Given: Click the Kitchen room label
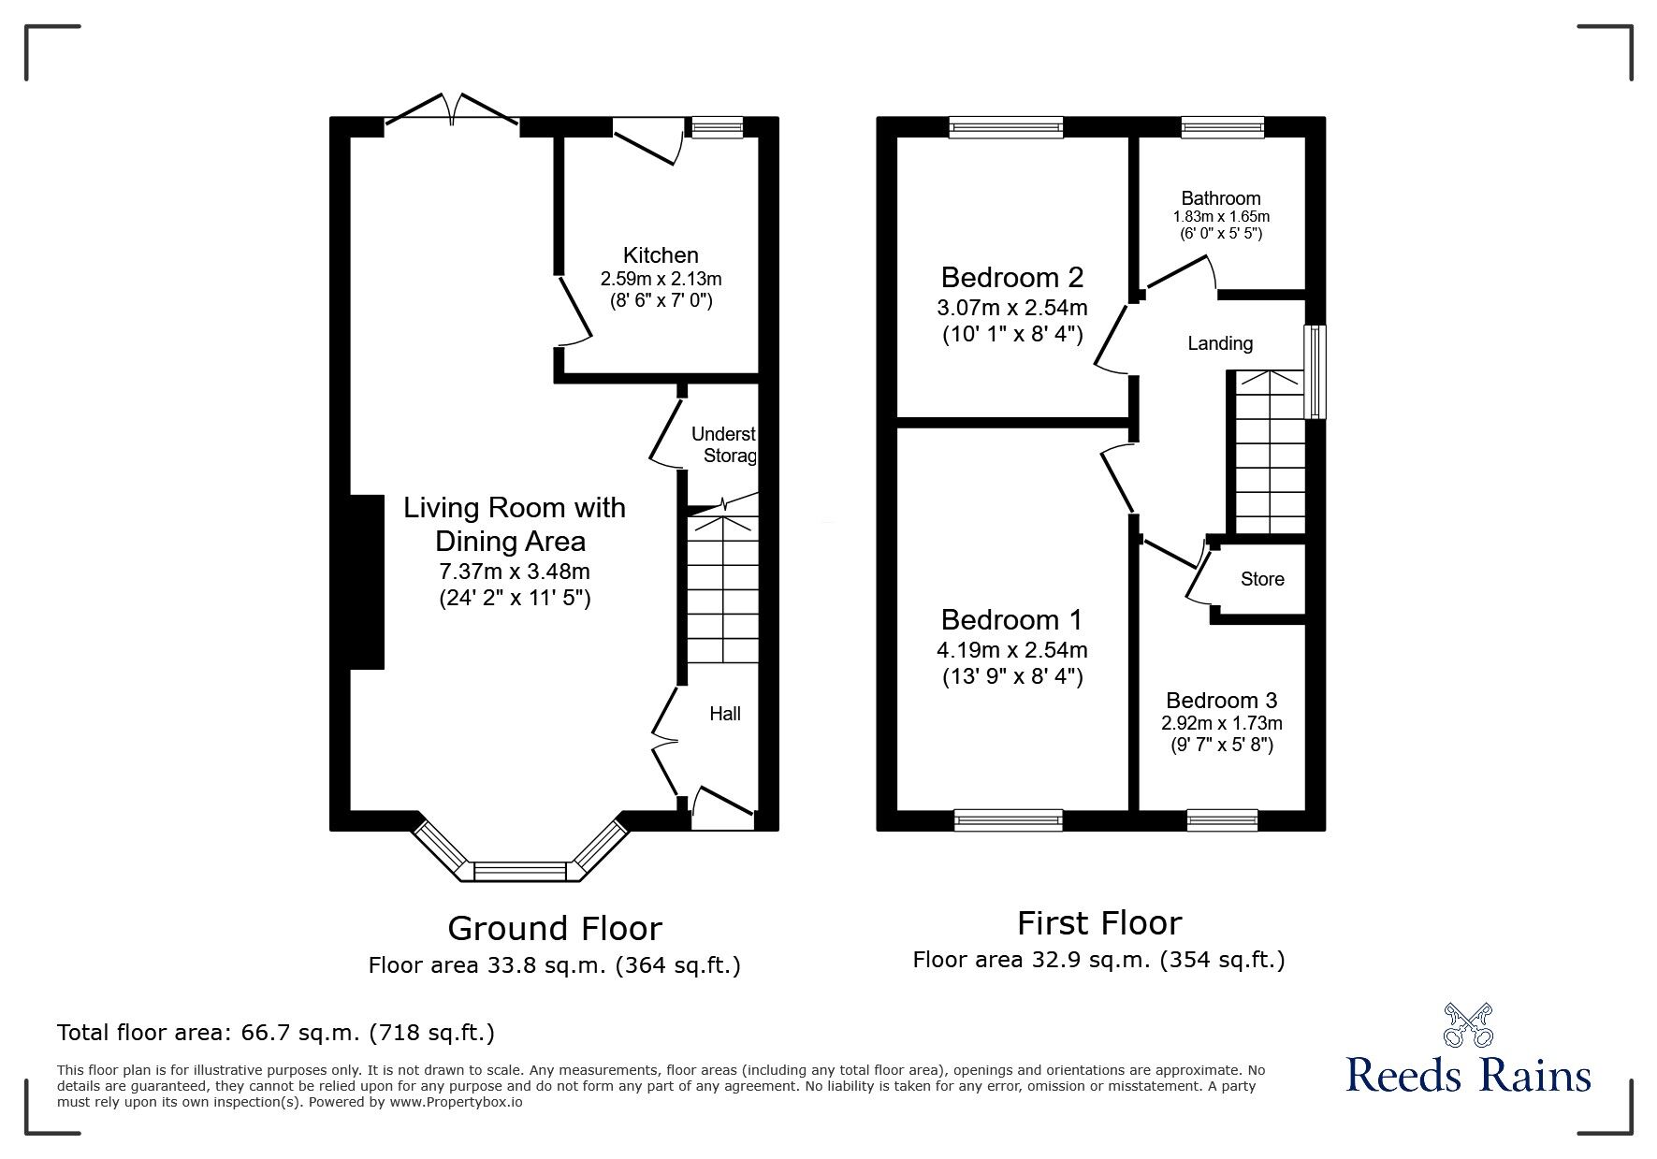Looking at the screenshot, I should (661, 255).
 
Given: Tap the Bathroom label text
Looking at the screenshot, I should (1220, 198).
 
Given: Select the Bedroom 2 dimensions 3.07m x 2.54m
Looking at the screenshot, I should (1011, 308).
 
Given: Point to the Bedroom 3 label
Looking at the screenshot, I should (1221, 701).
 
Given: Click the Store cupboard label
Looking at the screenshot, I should (1262, 579).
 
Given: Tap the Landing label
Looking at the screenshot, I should (1219, 343).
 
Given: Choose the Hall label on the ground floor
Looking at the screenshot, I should (724, 714).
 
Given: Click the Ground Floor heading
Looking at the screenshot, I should (554, 928).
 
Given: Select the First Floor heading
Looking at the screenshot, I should (1098, 923).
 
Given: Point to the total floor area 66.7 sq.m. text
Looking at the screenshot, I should (276, 1033).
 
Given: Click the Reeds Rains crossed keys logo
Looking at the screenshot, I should (1467, 1024).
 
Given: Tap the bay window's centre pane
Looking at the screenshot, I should (521, 872).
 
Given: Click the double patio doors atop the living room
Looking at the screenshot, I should (452, 110).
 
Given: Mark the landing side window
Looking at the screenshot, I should (1316, 371).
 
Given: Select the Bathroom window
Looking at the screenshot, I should (1222, 127).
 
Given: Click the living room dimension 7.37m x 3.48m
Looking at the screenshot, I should (514, 572).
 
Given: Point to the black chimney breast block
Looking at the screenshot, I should (367, 582).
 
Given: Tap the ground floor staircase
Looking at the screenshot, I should (722, 589).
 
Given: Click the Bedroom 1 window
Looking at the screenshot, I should (1008, 820).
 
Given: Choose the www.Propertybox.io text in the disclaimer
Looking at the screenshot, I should (456, 1102).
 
